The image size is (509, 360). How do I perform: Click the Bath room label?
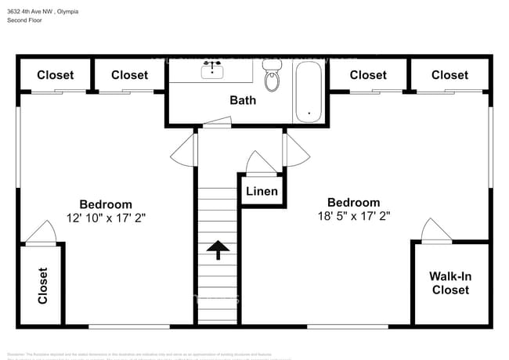(243, 100)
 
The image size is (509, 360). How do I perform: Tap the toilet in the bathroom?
(273, 78)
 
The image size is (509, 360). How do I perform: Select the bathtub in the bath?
(309, 92)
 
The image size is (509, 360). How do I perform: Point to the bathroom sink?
(211, 71)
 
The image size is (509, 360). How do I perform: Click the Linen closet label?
(262, 192)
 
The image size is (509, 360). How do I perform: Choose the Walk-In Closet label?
(449, 283)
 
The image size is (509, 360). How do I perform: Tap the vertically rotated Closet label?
(42, 286)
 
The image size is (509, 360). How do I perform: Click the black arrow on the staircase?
(218, 250)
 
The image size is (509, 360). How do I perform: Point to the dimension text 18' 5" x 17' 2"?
(353, 215)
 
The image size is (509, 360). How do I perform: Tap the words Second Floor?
(26, 20)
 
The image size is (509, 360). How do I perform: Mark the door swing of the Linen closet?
(258, 164)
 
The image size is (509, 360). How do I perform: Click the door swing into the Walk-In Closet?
(435, 230)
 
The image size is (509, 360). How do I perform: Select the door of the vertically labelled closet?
(41, 232)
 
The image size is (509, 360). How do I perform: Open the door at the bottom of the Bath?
(215, 122)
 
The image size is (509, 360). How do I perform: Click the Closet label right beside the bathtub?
(368, 75)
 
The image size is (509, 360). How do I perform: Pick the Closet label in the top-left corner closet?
(55, 75)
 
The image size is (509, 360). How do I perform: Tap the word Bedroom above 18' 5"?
(353, 202)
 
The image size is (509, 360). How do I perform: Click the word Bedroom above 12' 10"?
(106, 205)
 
